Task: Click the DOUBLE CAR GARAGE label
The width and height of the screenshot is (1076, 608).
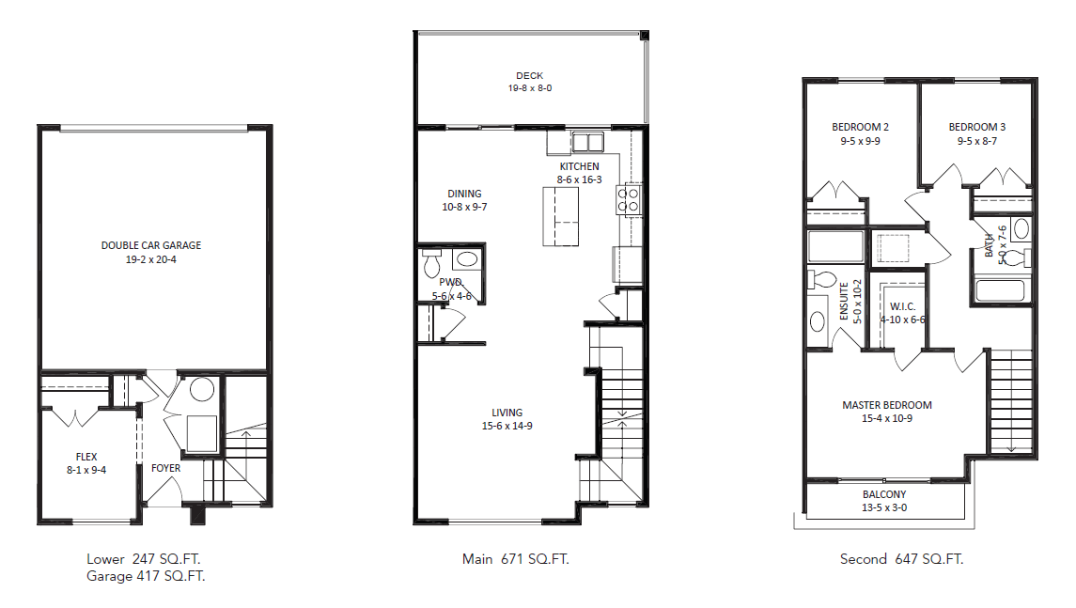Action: (151, 246)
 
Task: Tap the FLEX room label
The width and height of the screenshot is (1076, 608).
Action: (86, 457)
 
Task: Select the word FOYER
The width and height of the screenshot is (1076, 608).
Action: (165, 468)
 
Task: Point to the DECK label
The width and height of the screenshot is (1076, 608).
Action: (529, 76)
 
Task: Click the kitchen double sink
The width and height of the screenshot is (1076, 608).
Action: (587, 143)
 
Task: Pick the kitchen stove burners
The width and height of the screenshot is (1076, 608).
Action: (627, 198)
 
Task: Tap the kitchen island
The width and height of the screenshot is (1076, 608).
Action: (563, 216)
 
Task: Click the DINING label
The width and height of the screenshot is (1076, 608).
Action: (464, 194)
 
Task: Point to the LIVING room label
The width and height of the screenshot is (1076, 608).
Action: (507, 413)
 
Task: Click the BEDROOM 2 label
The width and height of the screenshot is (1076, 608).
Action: (860, 128)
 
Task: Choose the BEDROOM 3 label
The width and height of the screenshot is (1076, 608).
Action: (976, 128)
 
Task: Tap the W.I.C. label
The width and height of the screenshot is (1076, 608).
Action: (902, 306)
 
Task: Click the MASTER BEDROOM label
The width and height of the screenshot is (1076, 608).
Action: (886, 405)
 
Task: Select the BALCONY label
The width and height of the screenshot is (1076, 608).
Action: (884, 495)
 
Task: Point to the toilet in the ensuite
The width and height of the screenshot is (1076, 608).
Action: (821, 280)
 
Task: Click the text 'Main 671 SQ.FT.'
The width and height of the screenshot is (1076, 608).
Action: (515, 559)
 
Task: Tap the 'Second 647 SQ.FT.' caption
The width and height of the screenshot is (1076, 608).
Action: (901, 559)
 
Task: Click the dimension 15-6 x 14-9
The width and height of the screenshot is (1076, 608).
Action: (507, 426)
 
